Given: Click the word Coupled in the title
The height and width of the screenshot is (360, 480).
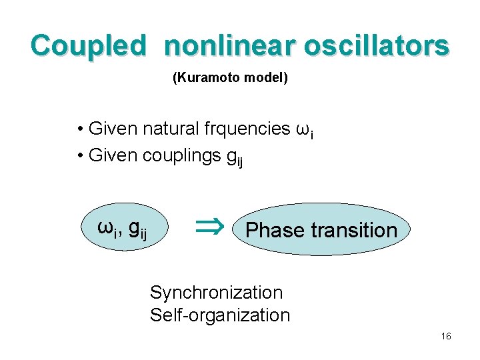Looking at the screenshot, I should coord(87,47).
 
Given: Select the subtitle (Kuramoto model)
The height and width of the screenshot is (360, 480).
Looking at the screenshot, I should coord(230,79).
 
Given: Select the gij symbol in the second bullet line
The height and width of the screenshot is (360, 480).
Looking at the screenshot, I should coord(235,158).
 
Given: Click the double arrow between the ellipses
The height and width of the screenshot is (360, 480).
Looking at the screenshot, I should coord(207,229).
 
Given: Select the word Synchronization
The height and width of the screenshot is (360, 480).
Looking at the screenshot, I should coord(216,293).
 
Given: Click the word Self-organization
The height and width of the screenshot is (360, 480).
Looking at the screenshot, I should coord(220,315).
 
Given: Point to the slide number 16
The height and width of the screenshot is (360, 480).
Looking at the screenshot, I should coord(446,337).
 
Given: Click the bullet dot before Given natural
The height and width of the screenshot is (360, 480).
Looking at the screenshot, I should coord(79,129).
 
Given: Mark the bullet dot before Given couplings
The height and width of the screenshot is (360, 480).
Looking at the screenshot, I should coord(79,157).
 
